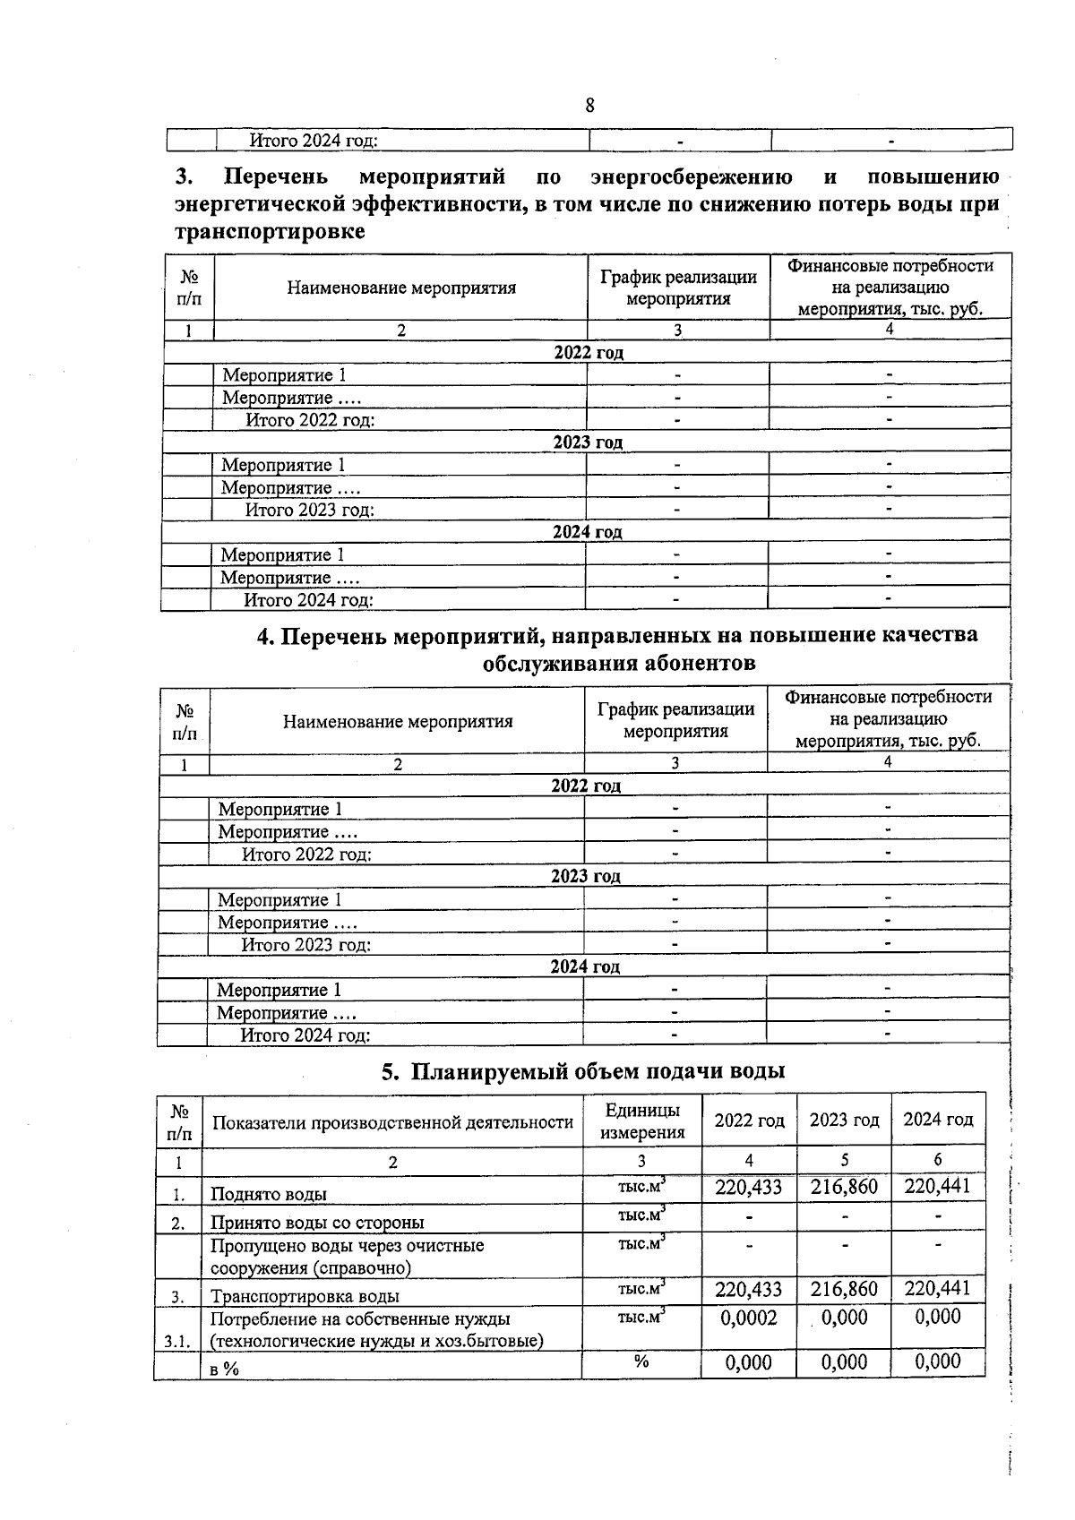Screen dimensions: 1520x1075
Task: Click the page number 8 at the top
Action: click(x=589, y=106)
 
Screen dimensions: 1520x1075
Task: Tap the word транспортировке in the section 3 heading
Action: click(x=270, y=231)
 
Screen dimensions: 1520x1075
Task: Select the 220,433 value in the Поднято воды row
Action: click(x=748, y=1188)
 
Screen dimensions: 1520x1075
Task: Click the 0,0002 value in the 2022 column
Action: click(x=748, y=1318)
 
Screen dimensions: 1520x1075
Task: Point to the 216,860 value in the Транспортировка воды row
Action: click(x=844, y=1290)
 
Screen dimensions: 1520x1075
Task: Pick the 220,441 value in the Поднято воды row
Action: click(x=937, y=1187)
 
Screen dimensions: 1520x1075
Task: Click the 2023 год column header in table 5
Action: click(x=844, y=1121)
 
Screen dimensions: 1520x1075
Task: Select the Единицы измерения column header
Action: click(x=641, y=1121)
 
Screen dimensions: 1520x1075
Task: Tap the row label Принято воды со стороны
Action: click(x=317, y=1223)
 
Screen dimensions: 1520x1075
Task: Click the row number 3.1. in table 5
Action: click(x=177, y=1341)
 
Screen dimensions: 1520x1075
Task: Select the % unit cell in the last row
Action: click(x=641, y=1362)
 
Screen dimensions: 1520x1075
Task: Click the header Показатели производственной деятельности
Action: click(x=392, y=1122)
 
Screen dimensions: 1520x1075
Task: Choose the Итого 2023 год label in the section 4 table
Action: click(x=305, y=944)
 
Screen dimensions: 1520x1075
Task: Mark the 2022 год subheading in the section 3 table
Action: click(x=588, y=352)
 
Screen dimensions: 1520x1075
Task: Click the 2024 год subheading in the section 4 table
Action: click(x=584, y=966)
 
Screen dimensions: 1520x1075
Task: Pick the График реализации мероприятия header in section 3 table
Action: click(x=678, y=288)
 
